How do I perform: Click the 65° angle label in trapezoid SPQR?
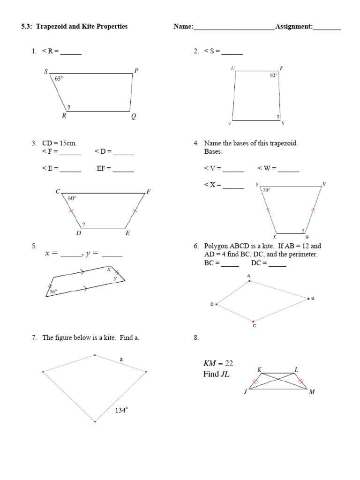tap(59, 79)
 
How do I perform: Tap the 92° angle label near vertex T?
tap(273, 75)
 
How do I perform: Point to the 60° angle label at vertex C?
tap(72, 198)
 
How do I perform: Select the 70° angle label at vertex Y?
tap(266, 190)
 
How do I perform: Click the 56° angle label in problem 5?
tap(53, 291)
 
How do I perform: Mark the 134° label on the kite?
tap(121, 410)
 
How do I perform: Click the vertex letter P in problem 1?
tap(136, 71)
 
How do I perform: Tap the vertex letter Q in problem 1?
tap(134, 117)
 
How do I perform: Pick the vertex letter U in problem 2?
tap(232, 68)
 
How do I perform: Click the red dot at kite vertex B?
tap(308, 298)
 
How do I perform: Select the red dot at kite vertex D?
tap(217, 304)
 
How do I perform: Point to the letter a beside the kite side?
tap(121, 359)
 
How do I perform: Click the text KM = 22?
tap(218, 363)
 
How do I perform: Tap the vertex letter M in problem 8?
tap(312, 392)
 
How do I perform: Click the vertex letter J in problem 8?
tap(245, 392)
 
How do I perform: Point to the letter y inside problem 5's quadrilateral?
tap(115, 278)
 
